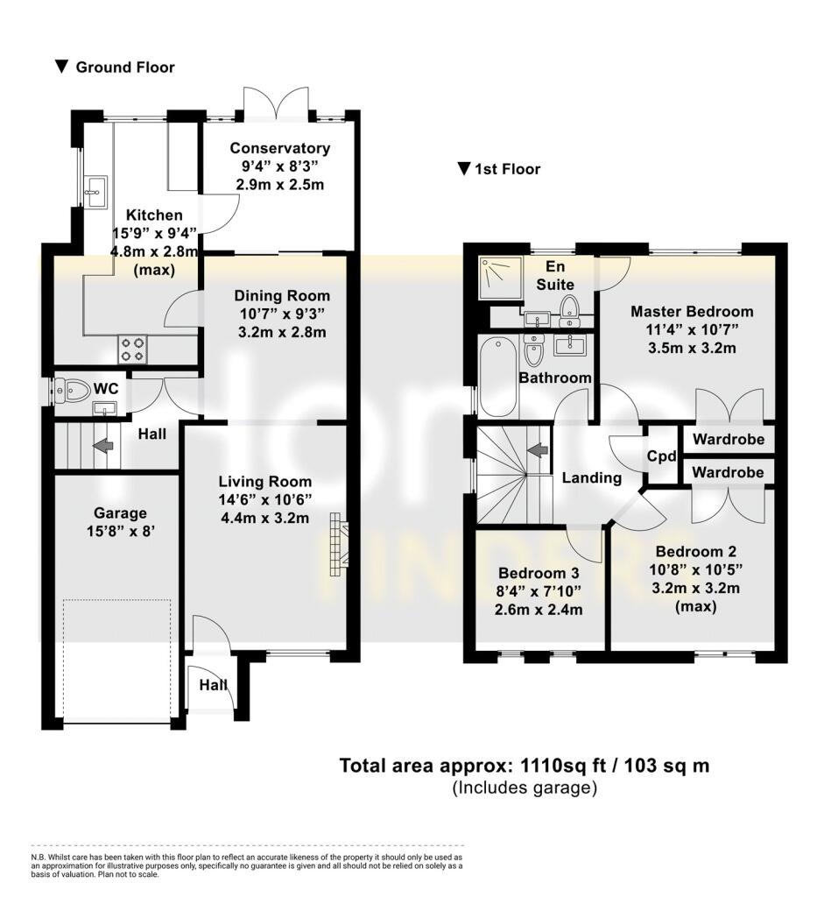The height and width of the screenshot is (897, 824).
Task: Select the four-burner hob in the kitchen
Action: pyautogui.click(x=132, y=350)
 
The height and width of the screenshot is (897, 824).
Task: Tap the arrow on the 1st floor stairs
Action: pyautogui.click(x=538, y=449)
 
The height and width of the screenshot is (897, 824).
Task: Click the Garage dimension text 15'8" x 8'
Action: pyautogui.click(x=121, y=531)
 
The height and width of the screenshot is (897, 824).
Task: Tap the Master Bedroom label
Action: pyautogui.click(x=691, y=311)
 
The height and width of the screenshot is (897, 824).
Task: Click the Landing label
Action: pyautogui.click(x=591, y=478)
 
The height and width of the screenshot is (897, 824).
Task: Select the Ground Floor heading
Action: pyautogui.click(x=124, y=67)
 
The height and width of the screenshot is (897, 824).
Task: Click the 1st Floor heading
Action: pyautogui.click(x=507, y=169)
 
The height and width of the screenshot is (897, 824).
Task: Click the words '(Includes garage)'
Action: pyautogui.click(x=524, y=788)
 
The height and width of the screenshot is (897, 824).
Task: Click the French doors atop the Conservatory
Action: pyautogui.click(x=277, y=103)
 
